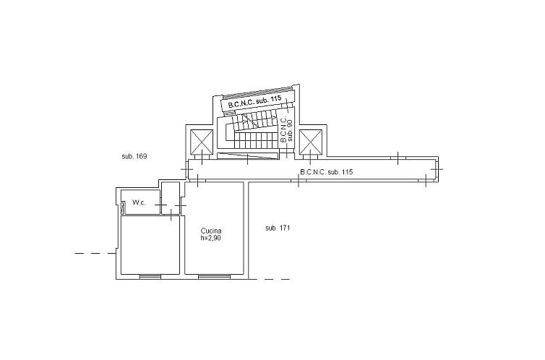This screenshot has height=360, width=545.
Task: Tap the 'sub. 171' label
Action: [278, 228]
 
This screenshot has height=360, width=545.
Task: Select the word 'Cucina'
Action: [211, 231]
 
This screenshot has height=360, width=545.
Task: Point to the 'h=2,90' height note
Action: [211, 239]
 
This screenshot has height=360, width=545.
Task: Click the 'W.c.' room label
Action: [140, 203]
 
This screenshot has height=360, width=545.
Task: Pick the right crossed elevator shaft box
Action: [310, 142]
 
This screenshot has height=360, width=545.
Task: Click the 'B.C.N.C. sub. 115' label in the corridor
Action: [326, 172]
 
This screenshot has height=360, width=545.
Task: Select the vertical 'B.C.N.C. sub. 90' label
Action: [286, 129]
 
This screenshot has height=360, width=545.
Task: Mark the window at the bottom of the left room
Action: [150, 276]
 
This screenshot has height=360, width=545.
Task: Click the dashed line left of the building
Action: [95, 253]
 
